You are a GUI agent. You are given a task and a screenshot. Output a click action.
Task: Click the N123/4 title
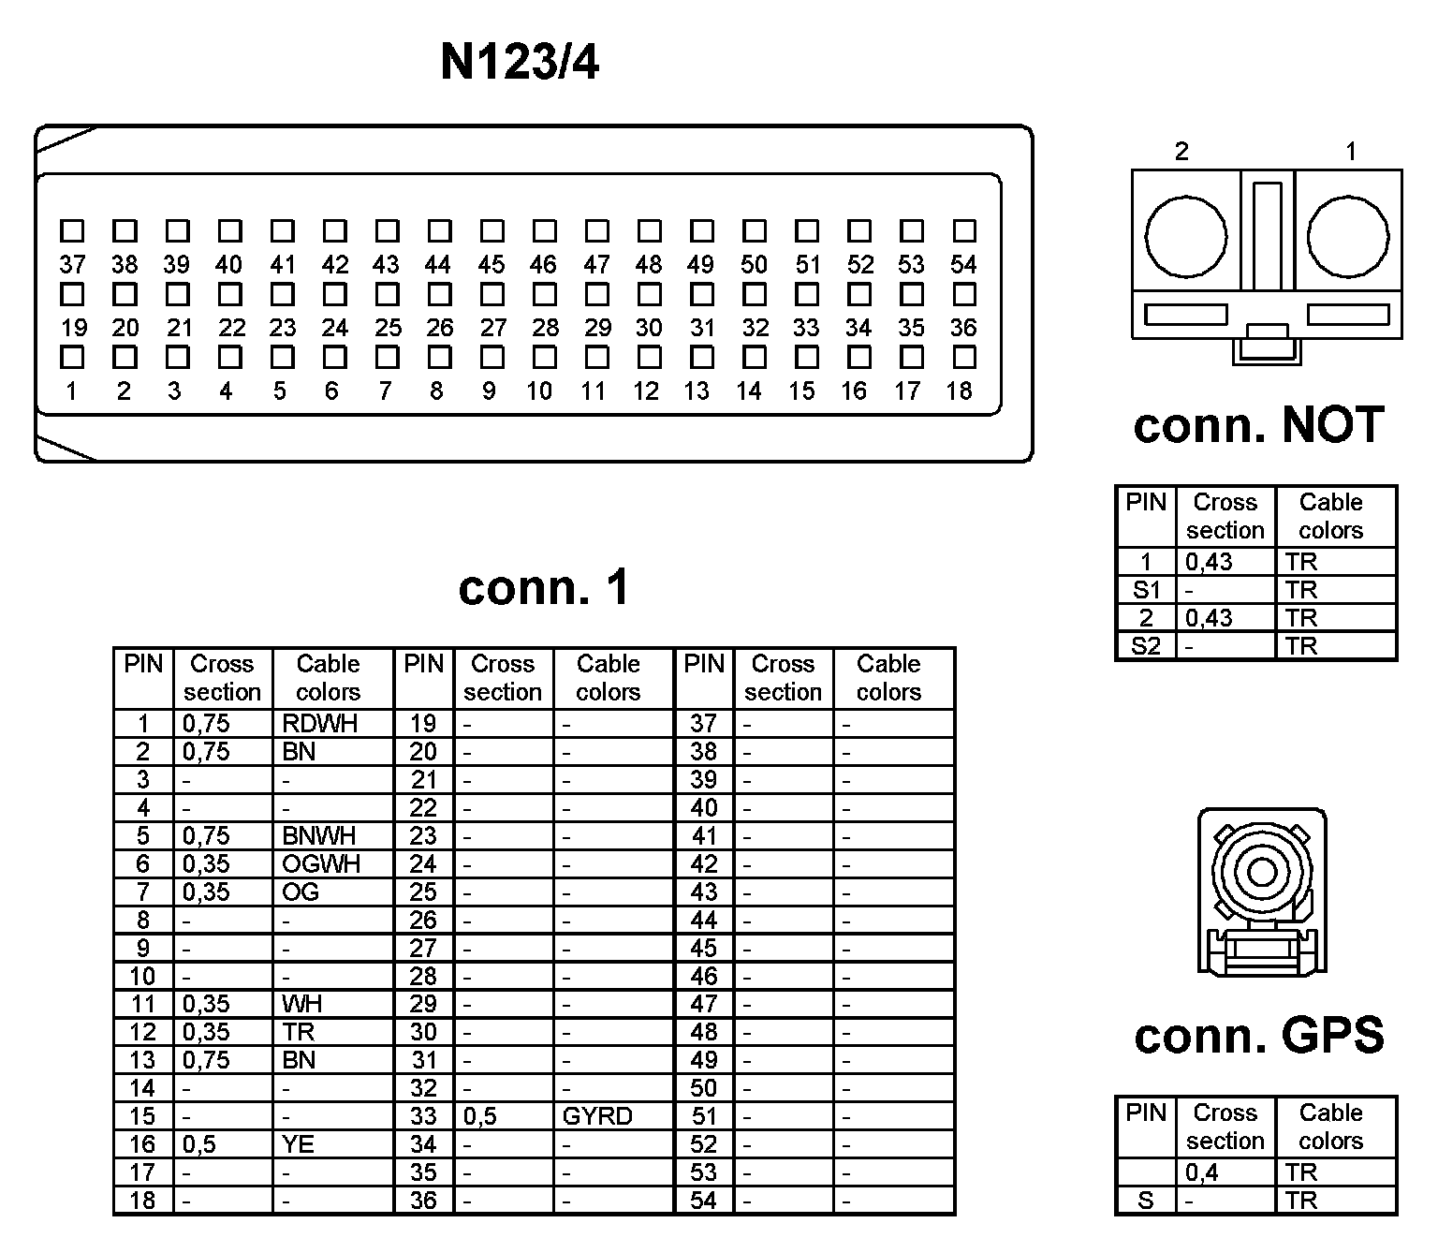pos(520,63)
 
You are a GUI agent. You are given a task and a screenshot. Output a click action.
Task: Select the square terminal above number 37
pos(72,230)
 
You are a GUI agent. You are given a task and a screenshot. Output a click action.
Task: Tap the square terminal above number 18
pos(963,357)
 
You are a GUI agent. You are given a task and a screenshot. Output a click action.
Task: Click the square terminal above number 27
pos(492,294)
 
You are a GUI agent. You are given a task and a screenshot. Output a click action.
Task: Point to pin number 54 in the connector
pos(963,265)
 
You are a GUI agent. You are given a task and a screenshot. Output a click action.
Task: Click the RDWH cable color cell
pos(319,724)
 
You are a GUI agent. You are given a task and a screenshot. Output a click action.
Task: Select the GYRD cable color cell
pos(597,1116)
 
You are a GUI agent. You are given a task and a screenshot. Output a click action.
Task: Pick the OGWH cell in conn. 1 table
pos(321,863)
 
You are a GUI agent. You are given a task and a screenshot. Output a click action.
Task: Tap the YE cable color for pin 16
pos(299,1144)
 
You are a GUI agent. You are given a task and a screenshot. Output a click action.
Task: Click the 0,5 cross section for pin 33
pos(479,1116)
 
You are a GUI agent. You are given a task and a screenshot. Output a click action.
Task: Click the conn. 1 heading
pos(544,588)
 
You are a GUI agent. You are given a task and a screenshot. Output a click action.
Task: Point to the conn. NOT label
pos(1258,425)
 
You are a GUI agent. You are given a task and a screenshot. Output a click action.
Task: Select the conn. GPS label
pos(1258,1036)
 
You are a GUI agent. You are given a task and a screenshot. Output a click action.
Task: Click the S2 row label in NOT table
pos(1146,646)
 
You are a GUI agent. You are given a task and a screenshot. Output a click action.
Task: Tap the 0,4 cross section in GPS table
pos(1201,1172)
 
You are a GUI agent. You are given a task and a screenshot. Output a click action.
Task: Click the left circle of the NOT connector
pos(1185,237)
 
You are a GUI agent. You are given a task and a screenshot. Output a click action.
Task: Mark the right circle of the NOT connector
pos(1348,237)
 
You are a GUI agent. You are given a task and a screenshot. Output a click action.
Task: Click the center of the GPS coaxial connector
pos(1262,873)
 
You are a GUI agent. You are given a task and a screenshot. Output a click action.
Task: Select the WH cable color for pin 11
pos(301,1004)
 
